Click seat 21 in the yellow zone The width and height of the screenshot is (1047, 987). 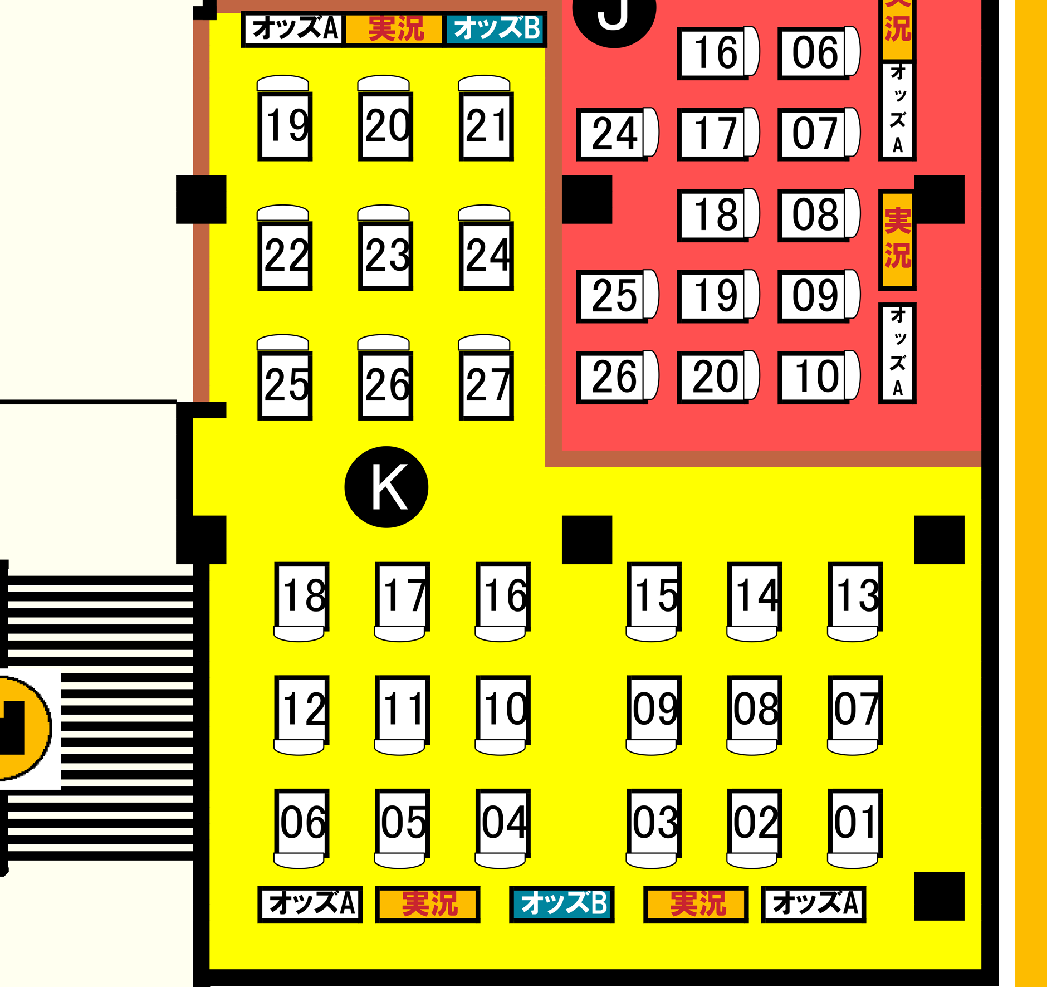486,126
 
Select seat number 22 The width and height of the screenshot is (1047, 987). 285,255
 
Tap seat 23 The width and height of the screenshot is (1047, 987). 385,255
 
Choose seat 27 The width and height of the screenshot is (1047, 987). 486,384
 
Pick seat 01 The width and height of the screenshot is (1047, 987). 855,822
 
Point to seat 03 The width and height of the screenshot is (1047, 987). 654,822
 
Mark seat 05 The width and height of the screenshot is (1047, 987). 402,822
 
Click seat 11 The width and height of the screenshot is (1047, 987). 402,709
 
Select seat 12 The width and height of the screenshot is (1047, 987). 301,709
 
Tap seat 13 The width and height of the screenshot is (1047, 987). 855,595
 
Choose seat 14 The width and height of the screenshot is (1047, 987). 754,595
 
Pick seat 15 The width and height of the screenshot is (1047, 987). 654,595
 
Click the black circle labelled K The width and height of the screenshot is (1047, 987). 386,487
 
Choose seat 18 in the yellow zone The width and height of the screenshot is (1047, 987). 301,595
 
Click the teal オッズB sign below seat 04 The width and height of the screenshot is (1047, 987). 562,903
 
